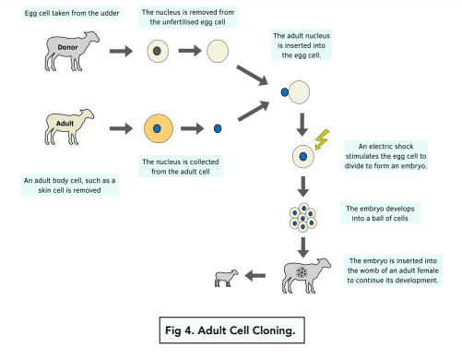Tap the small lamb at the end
(x=226, y=278)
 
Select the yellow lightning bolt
(x=322, y=139)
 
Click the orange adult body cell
(x=159, y=128)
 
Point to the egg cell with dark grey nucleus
(x=158, y=51)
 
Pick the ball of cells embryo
(x=302, y=217)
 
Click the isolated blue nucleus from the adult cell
(x=218, y=128)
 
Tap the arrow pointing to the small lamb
(x=255, y=276)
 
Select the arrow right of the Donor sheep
(x=121, y=51)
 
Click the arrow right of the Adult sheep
(x=121, y=128)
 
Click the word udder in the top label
(x=110, y=13)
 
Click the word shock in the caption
(x=404, y=146)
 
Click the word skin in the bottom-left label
(x=44, y=190)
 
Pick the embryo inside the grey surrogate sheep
(x=302, y=272)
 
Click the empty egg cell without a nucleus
(x=218, y=51)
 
